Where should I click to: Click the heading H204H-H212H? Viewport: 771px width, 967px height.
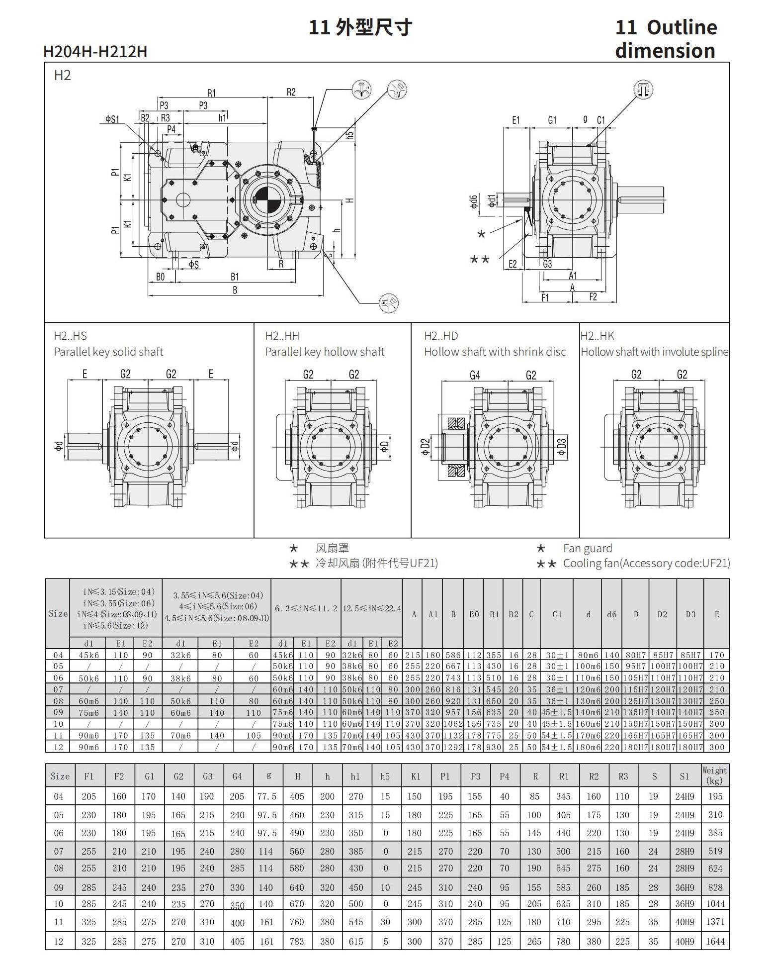click(x=95, y=51)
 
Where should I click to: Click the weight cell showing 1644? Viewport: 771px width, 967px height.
click(x=715, y=941)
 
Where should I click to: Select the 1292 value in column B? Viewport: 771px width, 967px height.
click(x=453, y=747)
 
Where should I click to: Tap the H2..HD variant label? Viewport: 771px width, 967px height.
click(x=441, y=336)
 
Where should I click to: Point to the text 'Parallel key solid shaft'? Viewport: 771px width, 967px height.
click(x=108, y=352)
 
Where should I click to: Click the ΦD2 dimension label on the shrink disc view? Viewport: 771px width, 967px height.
click(x=425, y=447)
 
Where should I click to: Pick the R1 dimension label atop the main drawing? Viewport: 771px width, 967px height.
click(x=212, y=93)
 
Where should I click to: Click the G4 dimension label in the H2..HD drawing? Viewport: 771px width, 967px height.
click(x=475, y=375)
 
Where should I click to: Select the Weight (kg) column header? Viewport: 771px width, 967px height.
click(x=715, y=775)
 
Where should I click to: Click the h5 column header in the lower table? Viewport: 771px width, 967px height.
click(x=385, y=776)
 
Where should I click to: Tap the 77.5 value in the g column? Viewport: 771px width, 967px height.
click(x=267, y=796)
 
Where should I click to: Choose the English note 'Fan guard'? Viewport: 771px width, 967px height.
click(x=587, y=548)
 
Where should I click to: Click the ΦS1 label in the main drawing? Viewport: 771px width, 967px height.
click(x=112, y=119)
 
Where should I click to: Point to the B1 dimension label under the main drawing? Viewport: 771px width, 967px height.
click(x=235, y=277)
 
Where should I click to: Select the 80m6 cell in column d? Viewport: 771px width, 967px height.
click(x=588, y=655)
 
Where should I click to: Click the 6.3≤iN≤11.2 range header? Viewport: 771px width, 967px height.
click(x=306, y=608)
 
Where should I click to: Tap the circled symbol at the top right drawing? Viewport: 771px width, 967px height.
click(x=643, y=90)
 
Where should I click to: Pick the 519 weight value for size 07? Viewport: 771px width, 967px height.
click(x=715, y=851)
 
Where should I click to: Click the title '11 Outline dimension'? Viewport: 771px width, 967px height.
click(x=666, y=39)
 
